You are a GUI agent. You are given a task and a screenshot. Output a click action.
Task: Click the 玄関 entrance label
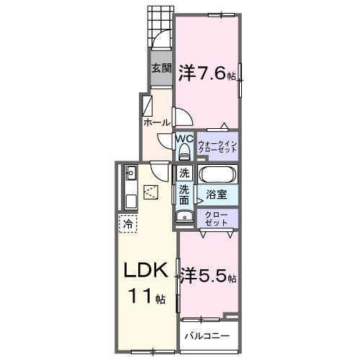click(x=161, y=69)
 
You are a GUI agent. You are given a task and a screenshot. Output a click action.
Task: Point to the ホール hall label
click(x=157, y=123)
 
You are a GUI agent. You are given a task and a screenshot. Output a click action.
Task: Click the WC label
click(x=184, y=138)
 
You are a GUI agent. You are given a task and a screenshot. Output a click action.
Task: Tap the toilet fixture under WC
click(x=184, y=151)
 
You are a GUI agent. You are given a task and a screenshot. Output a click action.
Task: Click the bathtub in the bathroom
click(x=217, y=175)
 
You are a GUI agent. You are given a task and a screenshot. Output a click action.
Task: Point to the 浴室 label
click(x=217, y=194)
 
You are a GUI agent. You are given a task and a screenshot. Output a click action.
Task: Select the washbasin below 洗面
click(x=181, y=217)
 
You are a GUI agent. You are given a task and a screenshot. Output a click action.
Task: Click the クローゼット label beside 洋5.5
click(x=218, y=218)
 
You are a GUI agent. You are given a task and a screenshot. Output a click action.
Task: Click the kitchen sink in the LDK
click(x=131, y=173)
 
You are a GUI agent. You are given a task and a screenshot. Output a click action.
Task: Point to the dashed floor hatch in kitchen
click(x=151, y=192)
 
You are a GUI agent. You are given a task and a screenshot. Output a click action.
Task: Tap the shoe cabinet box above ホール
click(x=147, y=107)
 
